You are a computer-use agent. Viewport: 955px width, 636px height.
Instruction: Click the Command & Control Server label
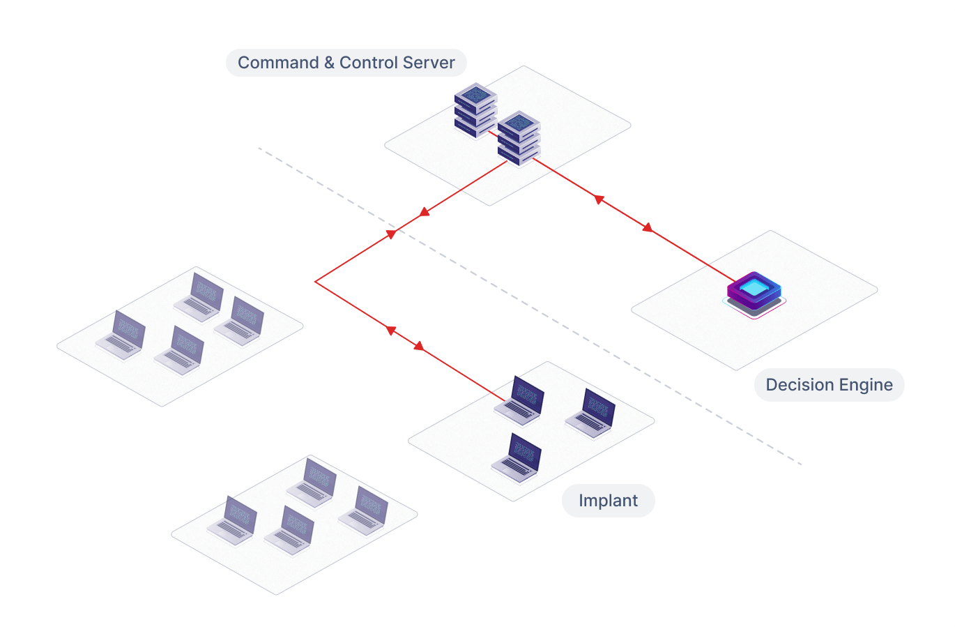pyautogui.click(x=346, y=63)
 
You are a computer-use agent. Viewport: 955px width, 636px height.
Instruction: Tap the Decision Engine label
pyautogui.click(x=829, y=385)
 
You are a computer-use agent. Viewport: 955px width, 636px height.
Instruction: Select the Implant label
pyautogui.click(x=608, y=501)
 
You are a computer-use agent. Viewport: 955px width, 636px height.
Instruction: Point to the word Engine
pyautogui.click(x=864, y=385)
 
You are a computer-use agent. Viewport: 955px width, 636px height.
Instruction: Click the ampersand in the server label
pyautogui.click(x=329, y=63)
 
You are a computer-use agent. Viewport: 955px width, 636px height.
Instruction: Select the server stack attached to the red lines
pyautogui.click(x=519, y=138)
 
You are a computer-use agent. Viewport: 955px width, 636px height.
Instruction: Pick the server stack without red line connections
pyautogui.click(x=475, y=110)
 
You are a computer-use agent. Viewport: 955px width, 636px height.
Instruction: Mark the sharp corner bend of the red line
pyautogui.click(x=316, y=282)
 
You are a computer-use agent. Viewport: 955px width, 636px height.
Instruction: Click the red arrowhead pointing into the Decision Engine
pyautogui.click(x=648, y=227)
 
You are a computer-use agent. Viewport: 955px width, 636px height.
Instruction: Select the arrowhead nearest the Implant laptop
pyautogui.click(x=419, y=346)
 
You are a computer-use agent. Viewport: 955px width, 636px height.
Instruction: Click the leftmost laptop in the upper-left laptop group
pyautogui.click(x=121, y=335)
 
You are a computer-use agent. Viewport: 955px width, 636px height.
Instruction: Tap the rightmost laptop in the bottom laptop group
pyautogui.click(x=363, y=511)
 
